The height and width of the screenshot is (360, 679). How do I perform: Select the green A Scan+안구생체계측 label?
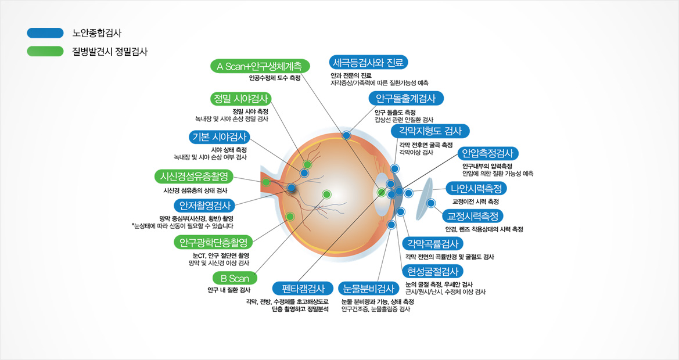click(260, 66)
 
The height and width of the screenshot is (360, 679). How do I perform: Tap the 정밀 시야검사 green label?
click(240, 99)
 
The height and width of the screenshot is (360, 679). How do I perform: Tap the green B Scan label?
click(235, 279)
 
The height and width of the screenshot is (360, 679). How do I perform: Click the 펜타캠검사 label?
click(303, 289)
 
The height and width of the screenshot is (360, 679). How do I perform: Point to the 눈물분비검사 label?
click(368, 289)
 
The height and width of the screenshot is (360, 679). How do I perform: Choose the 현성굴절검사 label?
click(432, 271)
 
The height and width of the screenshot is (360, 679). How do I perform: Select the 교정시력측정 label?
click(472, 216)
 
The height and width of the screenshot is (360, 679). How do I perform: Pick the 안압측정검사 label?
click(487, 153)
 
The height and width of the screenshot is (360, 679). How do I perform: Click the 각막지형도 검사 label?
click(430, 131)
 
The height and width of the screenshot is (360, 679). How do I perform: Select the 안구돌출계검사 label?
click(406, 98)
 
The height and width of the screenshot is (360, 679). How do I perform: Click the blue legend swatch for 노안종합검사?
click(45, 33)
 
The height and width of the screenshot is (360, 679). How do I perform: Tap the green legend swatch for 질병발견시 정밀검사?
click(45, 52)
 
